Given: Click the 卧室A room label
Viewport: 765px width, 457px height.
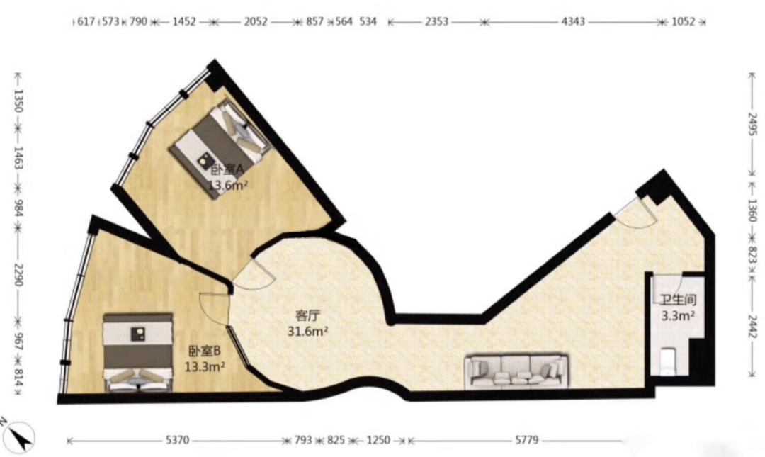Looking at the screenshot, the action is (x=227, y=170).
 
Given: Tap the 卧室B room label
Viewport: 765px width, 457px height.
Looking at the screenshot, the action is (x=205, y=351).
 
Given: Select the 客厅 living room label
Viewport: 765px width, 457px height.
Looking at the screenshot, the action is (x=308, y=315).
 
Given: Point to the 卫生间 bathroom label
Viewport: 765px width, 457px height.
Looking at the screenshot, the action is (x=678, y=300).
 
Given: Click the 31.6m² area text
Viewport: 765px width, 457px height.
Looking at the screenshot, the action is (x=307, y=332).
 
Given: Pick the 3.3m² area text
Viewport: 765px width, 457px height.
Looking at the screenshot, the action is (x=678, y=316).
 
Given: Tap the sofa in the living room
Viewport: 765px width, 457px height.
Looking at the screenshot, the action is (x=516, y=372).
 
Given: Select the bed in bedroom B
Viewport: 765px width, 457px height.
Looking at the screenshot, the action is (x=138, y=353).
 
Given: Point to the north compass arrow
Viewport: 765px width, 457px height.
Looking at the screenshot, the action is (x=18, y=436).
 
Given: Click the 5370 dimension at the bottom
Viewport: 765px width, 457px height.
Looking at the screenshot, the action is (x=177, y=441).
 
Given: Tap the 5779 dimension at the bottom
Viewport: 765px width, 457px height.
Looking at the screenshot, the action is (x=527, y=441).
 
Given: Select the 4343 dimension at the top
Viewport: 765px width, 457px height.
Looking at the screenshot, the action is (x=573, y=21).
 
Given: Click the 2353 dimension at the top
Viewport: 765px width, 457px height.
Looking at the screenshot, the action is (x=436, y=21).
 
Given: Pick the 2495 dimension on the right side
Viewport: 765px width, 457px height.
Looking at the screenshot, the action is (x=753, y=125).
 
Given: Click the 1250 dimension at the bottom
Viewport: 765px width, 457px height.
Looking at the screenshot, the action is (x=378, y=441).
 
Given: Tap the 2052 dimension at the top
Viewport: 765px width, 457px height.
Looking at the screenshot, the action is (x=256, y=21).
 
